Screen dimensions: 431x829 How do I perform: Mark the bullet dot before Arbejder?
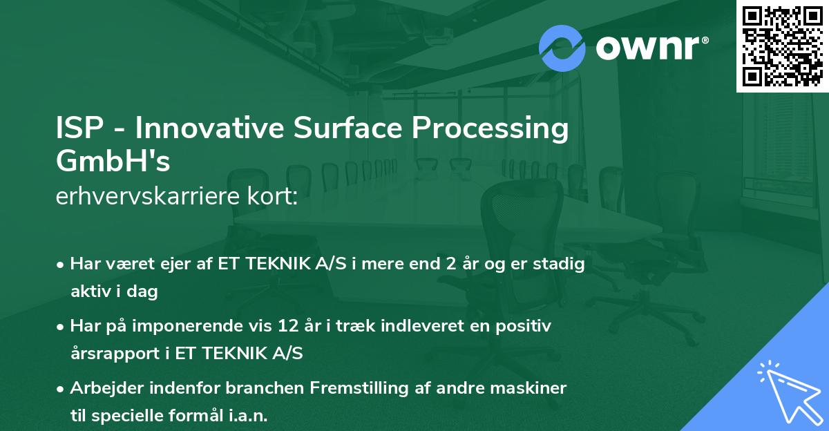[x=61, y=389]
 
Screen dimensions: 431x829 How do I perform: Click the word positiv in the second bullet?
[x=527, y=326]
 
